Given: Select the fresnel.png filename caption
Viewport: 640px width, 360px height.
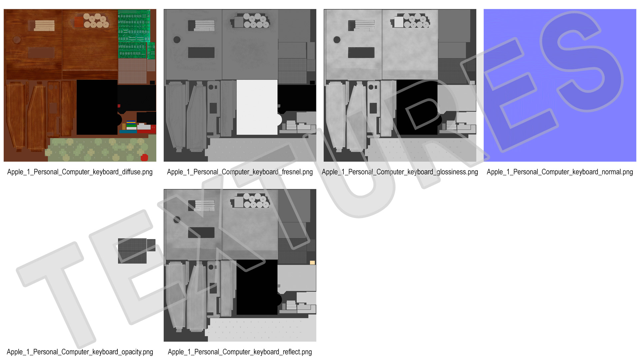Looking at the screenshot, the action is coord(240,172).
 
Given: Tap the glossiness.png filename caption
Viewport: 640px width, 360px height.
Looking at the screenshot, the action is coord(400,172).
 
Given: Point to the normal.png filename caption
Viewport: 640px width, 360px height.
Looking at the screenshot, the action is coord(560,172).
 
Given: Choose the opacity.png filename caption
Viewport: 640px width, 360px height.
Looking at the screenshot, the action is coord(80,352).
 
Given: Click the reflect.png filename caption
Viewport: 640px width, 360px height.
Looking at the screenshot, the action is coord(240,352).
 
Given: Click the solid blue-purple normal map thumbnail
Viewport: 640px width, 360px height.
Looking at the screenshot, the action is coord(560,85).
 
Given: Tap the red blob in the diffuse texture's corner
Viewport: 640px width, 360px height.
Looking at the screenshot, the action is coord(144,157).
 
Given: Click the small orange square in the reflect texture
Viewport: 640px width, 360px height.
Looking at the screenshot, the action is coord(312,263).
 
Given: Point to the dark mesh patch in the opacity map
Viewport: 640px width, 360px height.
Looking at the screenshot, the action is coord(132,251).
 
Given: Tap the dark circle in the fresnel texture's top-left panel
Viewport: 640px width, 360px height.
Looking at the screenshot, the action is coord(177,40).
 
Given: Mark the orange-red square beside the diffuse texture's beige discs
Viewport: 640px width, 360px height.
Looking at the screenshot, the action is coord(79,22).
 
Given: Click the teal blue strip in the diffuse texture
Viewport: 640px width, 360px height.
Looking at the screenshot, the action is coord(128,132).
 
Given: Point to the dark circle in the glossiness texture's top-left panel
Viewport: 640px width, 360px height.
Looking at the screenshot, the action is coord(337,40).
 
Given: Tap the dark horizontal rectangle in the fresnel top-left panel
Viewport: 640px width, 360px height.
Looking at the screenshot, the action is coord(201,53).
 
